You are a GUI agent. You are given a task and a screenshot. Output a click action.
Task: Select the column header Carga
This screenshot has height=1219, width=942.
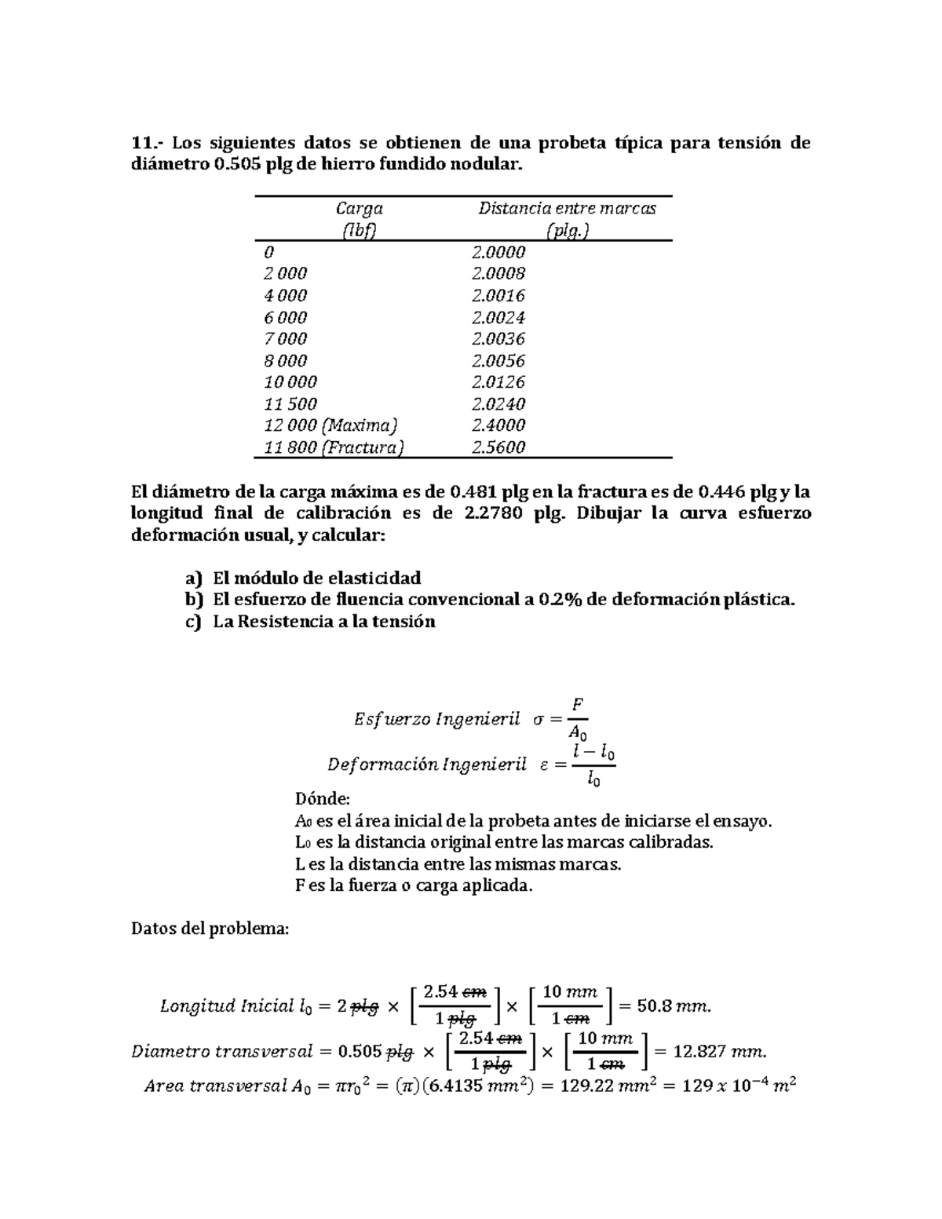tap(359, 208)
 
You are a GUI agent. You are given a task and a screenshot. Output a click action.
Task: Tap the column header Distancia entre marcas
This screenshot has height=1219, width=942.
tap(567, 208)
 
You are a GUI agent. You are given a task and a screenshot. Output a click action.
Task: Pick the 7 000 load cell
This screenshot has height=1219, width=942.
tap(285, 339)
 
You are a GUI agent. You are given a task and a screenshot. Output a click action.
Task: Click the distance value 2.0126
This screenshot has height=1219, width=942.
tap(498, 382)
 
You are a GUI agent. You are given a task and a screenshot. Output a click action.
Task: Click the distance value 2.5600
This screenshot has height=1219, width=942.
tap(498, 447)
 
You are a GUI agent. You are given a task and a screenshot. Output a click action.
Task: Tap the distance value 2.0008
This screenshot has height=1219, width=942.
tap(498, 273)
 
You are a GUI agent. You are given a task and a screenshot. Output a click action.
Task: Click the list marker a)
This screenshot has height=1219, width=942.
tap(193, 578)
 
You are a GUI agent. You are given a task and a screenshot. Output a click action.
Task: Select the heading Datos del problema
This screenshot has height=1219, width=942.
tap(210, 929)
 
